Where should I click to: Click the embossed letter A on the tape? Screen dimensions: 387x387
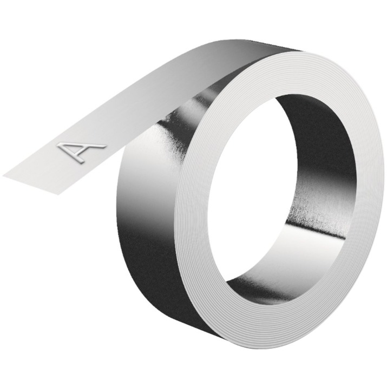coord(81,151)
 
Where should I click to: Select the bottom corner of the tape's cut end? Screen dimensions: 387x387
coord(58,195)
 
